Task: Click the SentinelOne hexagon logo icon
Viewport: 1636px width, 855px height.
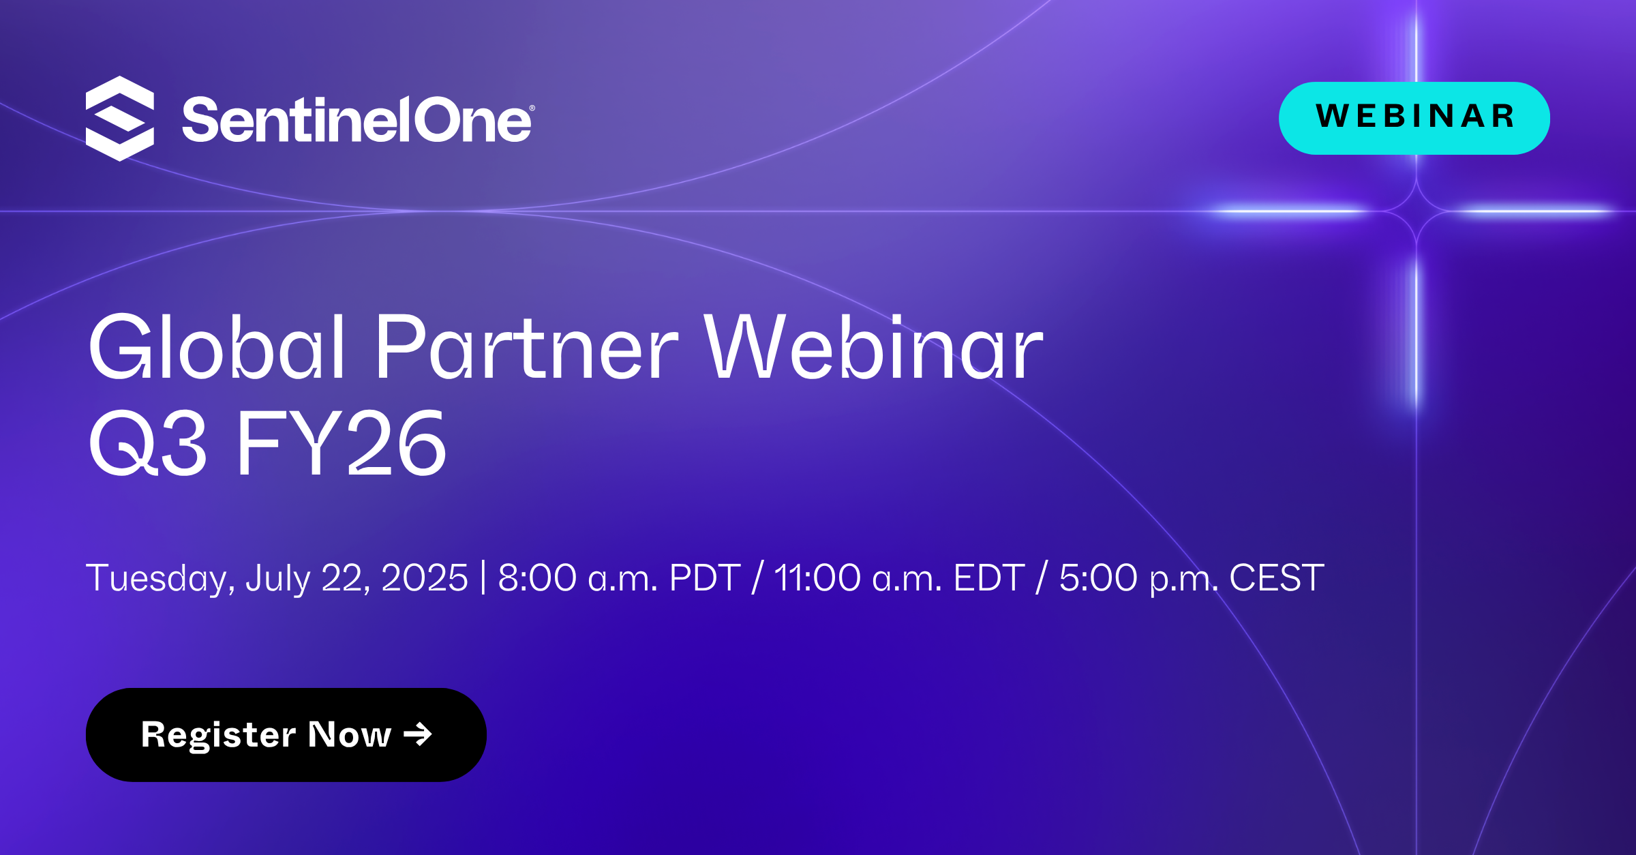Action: click(120, 119)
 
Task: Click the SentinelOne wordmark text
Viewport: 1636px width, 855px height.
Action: click(356, 121)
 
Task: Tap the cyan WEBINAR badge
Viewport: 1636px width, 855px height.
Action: click(1414, 118)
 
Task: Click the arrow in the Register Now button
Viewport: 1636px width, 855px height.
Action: click(418, 734)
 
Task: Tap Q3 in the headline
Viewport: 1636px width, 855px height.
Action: click(147, 444)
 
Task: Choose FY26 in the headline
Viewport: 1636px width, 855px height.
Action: click(342, 444)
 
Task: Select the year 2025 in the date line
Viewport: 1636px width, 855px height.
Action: click(424, 578)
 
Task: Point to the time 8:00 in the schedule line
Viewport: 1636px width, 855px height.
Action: click(537, 578)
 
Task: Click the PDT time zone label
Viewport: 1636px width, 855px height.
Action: click(704, 578)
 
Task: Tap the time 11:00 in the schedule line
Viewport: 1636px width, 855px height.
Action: click(817, 578)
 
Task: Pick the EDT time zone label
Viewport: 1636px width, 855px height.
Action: click(989, 578)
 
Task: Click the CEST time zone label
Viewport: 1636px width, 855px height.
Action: click(1277, 578)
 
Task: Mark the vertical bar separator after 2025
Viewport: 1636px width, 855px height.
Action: click(483, 577)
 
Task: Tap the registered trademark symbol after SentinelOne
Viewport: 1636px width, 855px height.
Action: click(532, 108)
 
